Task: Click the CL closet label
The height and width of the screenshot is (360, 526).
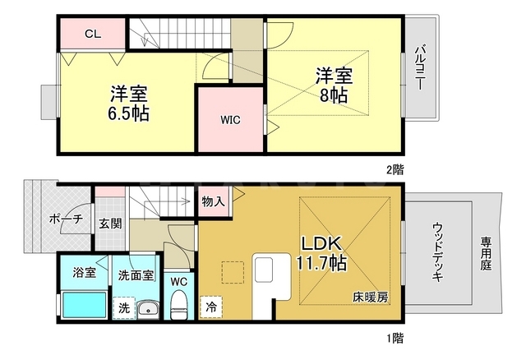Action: [93, 34]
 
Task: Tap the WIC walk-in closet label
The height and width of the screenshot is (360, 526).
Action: [230, 120]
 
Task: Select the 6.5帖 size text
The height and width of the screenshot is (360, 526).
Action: [128, 113]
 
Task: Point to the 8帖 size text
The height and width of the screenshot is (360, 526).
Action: [333, 95]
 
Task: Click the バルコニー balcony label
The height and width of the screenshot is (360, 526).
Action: [420, 67]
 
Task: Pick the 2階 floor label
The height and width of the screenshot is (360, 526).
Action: [394, 170]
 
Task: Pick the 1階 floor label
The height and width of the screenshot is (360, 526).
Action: [394, 338]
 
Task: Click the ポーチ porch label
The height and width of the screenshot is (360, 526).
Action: [66, 219]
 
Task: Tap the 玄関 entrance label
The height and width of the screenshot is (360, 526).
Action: [110, 224]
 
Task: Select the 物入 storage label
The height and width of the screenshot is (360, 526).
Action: [214, 201]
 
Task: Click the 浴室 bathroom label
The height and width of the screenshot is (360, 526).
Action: [84, 272]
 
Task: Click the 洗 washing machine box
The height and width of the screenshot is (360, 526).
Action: [124, 307]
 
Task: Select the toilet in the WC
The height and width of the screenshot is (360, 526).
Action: [179, 305]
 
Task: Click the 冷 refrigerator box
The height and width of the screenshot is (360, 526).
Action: [211, 307]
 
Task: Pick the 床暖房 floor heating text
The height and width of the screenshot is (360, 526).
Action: [371, 298]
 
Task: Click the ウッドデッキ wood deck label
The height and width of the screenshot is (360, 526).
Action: [437, 252]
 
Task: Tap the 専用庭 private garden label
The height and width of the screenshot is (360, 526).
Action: [486, 254]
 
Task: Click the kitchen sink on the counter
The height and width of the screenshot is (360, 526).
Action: [265, 270]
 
